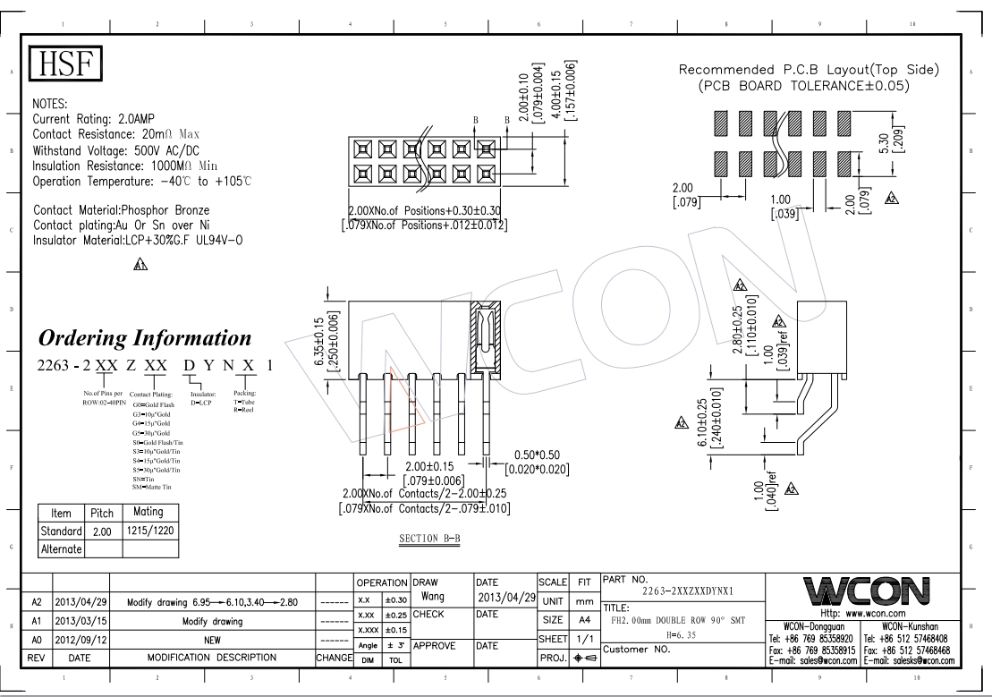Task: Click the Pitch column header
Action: click(97, 514)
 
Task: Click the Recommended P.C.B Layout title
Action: click(809, 70)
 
